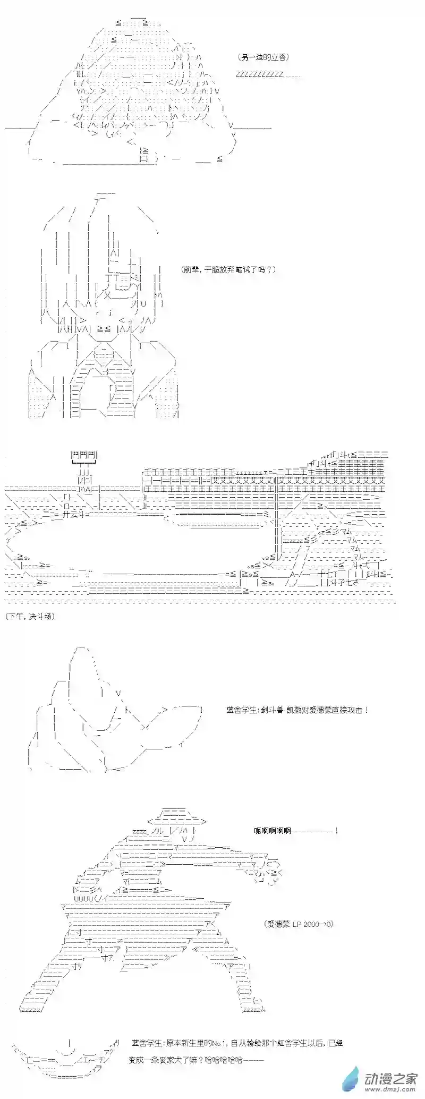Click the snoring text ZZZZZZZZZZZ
tap(259, 74)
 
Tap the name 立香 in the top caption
tap(278, 57)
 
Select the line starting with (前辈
tap(228, 269)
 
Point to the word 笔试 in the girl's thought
tap(249, 269)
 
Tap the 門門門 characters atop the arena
tap(84, 455)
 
